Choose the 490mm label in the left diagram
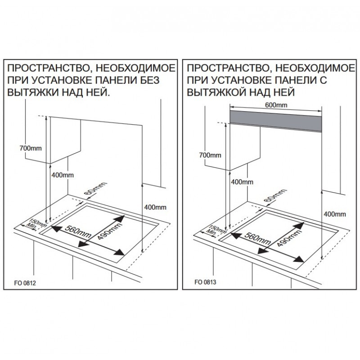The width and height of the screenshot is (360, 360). pyautogui.click(x=104, y=231)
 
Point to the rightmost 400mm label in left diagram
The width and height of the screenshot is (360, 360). pyautogui.click(x=155, y=207)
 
